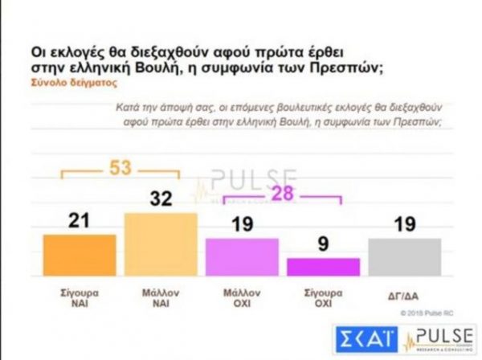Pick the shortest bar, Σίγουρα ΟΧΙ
click(323, 268)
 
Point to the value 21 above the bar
click(78, 219)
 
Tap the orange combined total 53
click(120, 168)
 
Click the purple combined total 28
click(282, 193)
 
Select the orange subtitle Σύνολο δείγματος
click(67, 81)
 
